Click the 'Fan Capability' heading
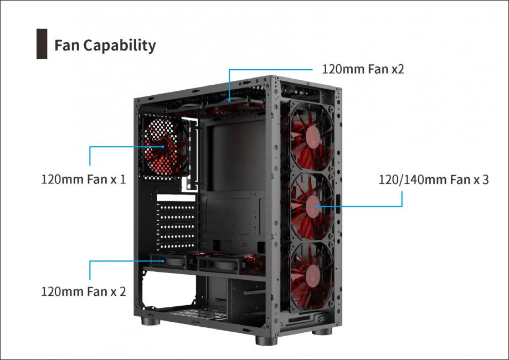point(105,45)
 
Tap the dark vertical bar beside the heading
point(42,44)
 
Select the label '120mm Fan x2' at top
point(363,69)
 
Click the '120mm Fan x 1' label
point(84,179)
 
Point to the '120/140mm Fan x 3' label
point(433,179)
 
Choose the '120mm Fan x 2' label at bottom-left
point(84,291)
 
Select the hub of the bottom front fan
point(313,275)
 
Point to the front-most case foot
point(266,340)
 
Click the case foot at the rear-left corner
point(151,321)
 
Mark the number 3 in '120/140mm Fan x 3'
point(485,179)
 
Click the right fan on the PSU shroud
point(224,263)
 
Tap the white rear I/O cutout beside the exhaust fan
point(190,154)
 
